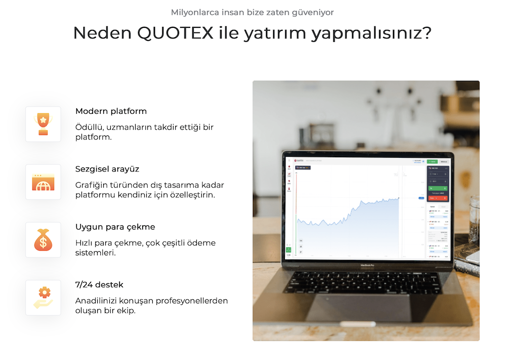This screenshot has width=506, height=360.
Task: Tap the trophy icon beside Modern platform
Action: (x=43, y=124)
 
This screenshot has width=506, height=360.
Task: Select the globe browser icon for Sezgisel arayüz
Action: (x=43, y=182)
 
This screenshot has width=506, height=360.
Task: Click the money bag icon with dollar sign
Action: (x=43, y=240)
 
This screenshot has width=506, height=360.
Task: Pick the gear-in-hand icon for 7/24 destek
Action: (x=43, y=298)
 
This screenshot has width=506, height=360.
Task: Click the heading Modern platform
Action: (x=111, y=111)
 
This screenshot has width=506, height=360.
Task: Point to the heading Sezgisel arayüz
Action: (x=107, y=169)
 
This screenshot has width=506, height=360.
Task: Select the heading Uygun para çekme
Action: (x=115, y=227)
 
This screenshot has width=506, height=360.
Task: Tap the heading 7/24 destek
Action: (x=99, y=285)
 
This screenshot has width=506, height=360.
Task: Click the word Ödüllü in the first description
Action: (x=89, y=127)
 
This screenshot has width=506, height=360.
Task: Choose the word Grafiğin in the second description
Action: (x=92, y=185)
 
